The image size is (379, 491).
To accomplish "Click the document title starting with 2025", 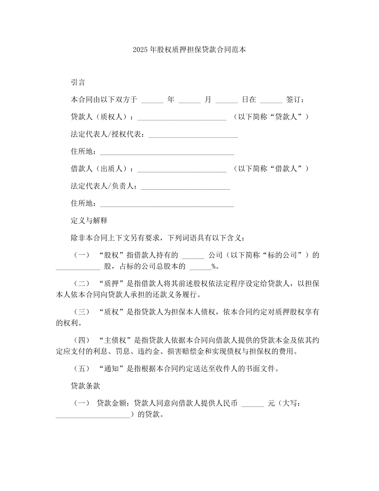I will click(x=189, y=50).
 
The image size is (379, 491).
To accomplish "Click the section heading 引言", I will click(x=78, y=82).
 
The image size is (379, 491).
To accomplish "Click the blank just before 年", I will click(x=152, y=101).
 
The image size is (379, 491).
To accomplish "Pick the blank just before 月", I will click(x=189, y=101).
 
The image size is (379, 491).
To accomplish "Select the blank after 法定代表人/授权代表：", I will click(x=193, y=135).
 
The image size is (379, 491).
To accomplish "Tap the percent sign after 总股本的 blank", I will click(x=214, y=266).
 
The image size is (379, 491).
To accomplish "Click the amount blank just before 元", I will click(x=253, y=405).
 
